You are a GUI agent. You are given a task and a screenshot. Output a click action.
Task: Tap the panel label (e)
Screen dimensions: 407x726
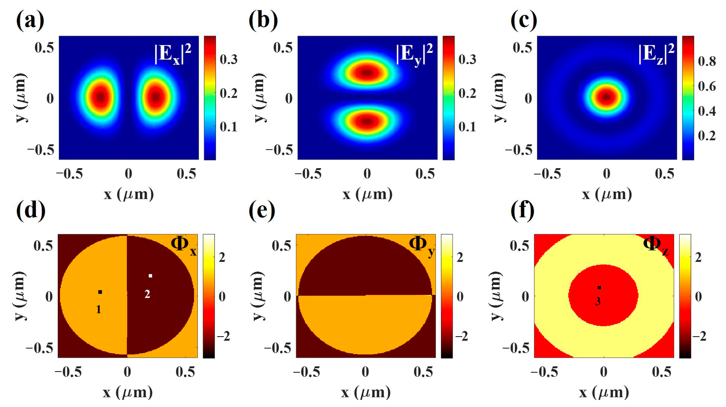click(262, 211)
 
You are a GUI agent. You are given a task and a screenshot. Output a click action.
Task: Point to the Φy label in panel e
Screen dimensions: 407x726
click(421, 246)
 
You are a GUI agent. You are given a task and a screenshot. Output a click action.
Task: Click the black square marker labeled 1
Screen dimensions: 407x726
click(100, 292)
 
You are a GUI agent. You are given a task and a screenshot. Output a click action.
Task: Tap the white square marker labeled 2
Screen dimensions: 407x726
click(150, 276)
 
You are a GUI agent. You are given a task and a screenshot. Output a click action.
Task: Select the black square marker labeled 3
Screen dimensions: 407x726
click(600, 288)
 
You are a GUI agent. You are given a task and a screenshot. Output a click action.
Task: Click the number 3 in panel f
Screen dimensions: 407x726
click(598, 302)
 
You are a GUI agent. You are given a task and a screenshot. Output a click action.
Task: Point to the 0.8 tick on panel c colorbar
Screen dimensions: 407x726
click(707, 61)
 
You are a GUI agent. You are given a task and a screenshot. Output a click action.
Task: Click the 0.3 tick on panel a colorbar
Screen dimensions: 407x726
click(229, 59)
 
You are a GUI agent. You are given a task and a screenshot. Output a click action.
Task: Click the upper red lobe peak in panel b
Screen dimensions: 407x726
click(366, 72)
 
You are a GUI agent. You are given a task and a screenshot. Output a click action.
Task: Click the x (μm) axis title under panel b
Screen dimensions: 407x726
click(367, 194)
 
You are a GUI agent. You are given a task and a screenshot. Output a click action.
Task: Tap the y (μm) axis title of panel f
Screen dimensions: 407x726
click(498, 296)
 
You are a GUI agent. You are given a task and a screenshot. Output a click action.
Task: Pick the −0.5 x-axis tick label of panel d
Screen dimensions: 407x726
click(68, 372)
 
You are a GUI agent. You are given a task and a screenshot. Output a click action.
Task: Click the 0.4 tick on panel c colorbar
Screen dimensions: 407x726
click(707, 111)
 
